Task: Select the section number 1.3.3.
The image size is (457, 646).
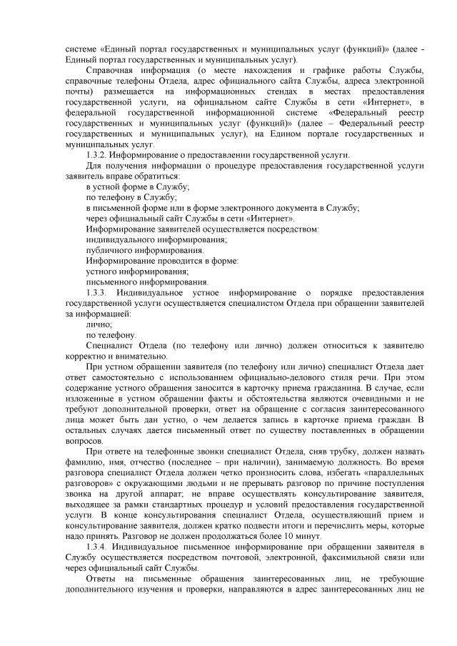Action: [x=96, y=294]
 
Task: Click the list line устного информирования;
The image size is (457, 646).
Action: [x=137, y=272]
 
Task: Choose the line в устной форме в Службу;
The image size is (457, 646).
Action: [x=137, y=187]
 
